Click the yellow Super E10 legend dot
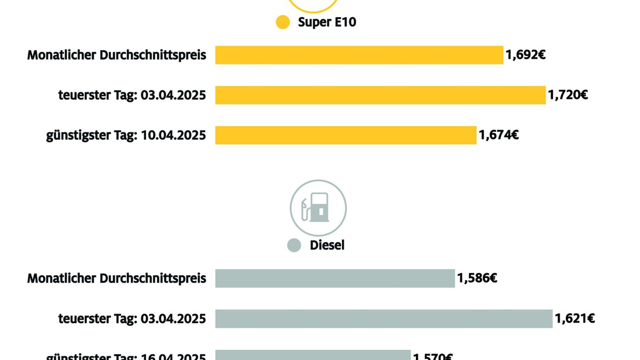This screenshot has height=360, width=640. point(283,22)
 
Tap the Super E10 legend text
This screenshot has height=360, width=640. point(326,22)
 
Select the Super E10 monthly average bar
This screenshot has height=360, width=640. point(359,55)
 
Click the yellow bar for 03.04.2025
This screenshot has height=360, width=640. point(380,95)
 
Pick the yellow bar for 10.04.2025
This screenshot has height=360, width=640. point(346,135)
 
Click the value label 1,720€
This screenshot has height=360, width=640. point(568,95)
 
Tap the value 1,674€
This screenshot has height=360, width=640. point(499,135)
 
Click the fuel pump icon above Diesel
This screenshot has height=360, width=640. point(318,208)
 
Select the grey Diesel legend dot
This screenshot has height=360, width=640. point(294,245)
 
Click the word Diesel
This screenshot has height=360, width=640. point(327,245)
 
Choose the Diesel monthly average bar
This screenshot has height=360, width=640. point(335,278)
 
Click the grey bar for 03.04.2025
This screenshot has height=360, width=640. point(384,319)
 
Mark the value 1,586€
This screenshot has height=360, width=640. point(477,278)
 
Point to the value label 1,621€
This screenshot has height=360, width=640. point(575,319)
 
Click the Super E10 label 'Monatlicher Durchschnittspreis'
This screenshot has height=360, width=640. point(117,55)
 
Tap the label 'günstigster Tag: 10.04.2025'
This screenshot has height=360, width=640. point(126,135)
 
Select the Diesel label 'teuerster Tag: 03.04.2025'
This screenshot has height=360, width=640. point(132,319)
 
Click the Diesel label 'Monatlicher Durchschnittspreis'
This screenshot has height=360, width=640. point(117,278)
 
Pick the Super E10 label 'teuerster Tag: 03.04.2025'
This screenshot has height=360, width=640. point(132,95)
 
